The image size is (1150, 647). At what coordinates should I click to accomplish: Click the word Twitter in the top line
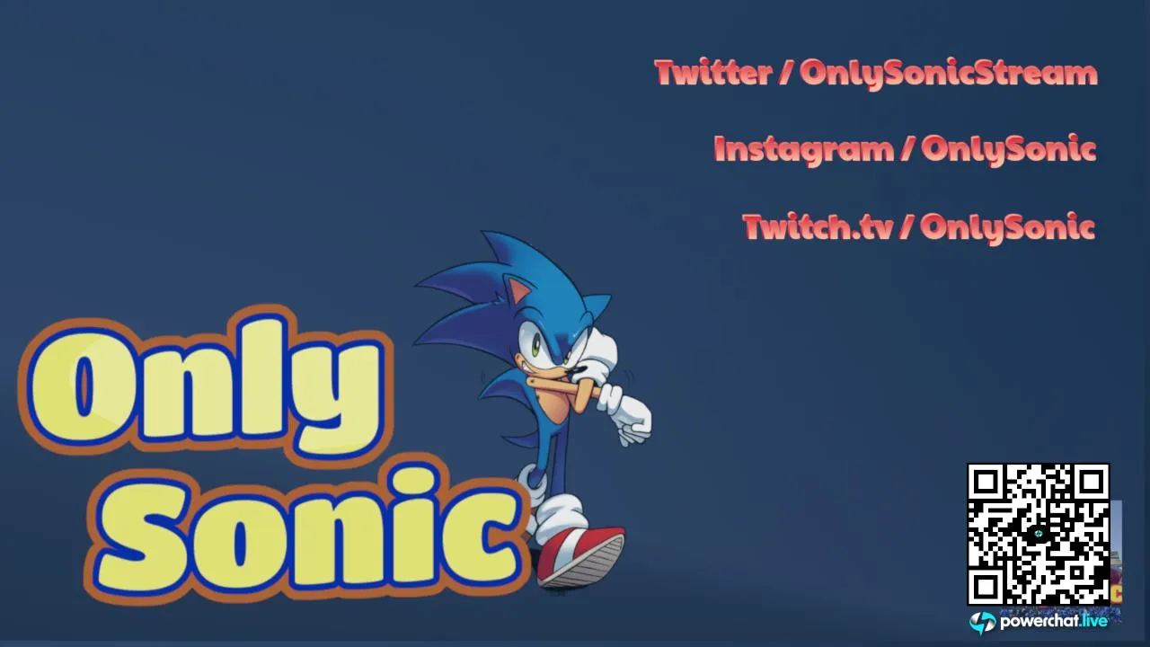tap(713, 73)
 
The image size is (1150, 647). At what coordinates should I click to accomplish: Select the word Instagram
tap(804, 150)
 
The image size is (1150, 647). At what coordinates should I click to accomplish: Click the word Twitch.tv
tap(818, 226)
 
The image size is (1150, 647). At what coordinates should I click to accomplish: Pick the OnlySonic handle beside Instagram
tap(1009, 150)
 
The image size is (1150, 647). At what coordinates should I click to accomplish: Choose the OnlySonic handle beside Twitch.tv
tap(1008, 227)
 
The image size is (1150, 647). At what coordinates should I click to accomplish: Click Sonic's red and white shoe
tap(580, 556)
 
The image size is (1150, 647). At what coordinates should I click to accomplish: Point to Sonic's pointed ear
tap(517, 291)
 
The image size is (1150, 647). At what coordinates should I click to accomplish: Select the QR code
tap(1038, 535)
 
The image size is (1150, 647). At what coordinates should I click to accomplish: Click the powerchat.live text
tap(1053, 621)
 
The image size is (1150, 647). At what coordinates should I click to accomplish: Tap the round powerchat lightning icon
tap(982, 623)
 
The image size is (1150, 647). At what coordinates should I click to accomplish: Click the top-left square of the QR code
tap(986, 483)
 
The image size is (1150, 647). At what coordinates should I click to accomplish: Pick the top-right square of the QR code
tap(1091, 483)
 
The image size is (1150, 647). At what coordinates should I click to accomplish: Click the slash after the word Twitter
tap(785, 72)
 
